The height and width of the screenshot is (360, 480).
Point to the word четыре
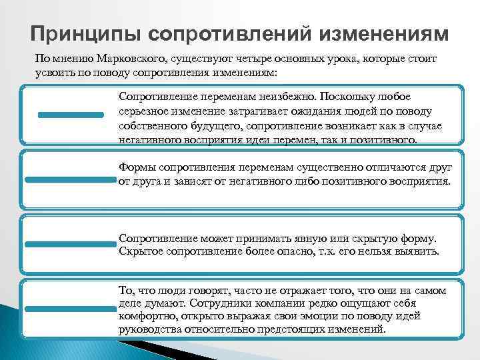coord(259,59)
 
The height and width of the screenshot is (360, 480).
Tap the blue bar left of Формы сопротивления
coord(70,179)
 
